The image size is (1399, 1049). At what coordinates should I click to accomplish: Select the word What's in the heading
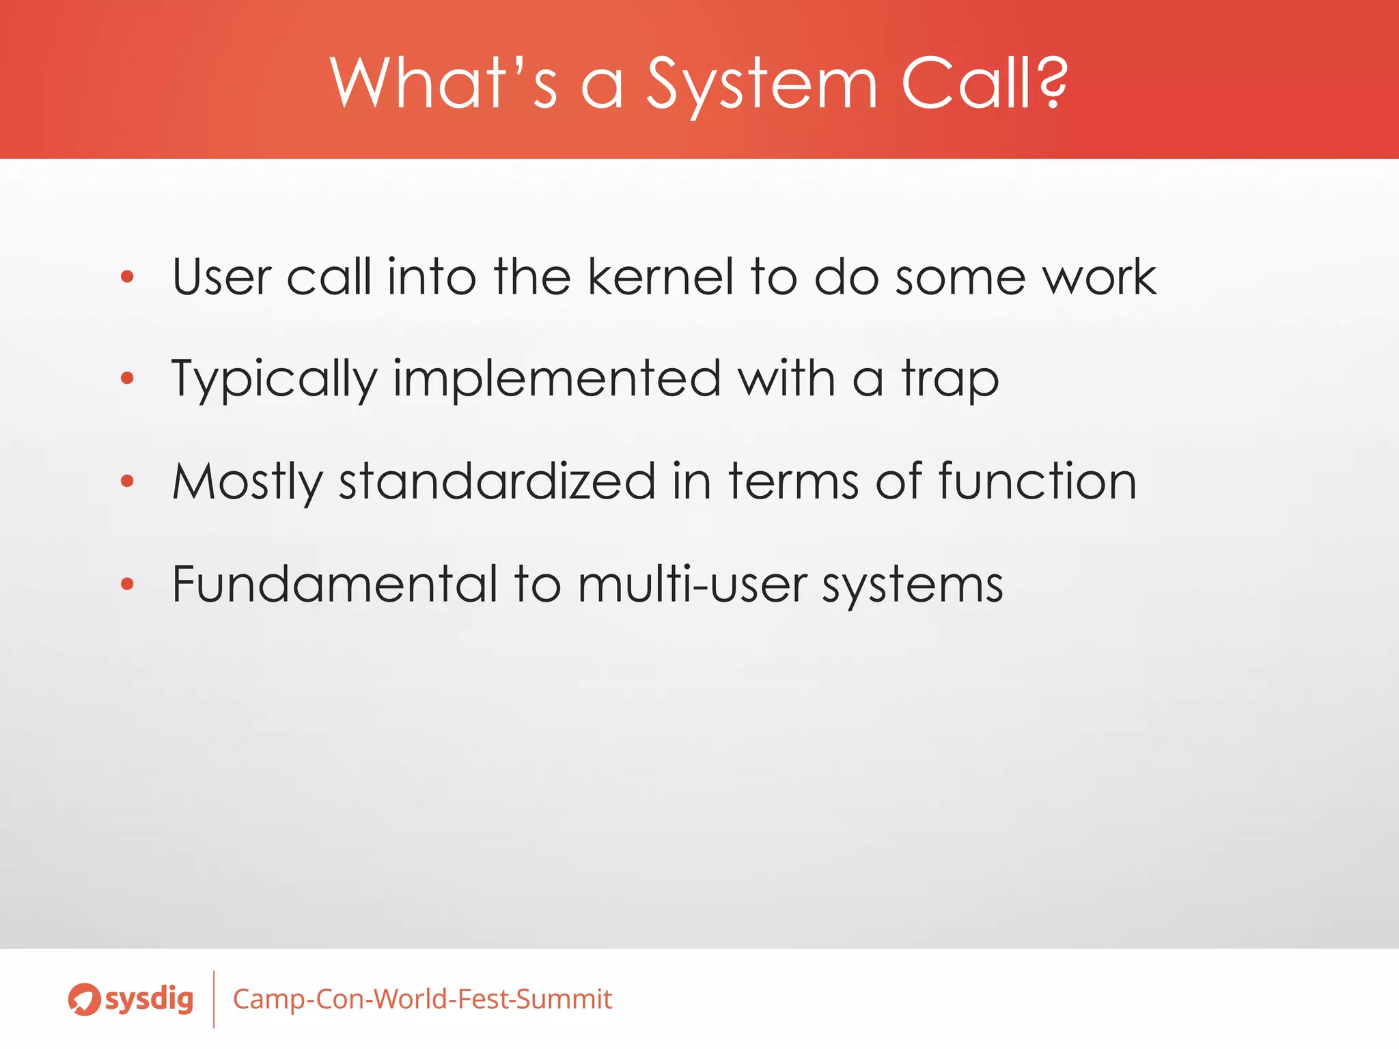(x=443, y=83)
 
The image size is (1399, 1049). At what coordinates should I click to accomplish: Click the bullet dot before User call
(x=127, y=277)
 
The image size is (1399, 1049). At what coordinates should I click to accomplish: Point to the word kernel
(x=660, y=277)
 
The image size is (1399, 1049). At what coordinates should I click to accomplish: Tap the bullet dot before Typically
(x=127, y=378)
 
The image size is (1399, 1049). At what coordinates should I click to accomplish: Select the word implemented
(x=557, y=378)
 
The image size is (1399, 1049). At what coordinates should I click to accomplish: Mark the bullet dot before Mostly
(x=127, y=481)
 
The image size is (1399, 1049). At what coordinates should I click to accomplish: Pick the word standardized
(x=497, y=481)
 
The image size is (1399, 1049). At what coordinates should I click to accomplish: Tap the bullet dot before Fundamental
(x=127, y=584)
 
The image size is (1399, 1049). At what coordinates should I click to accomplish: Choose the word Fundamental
(x=335, y=584)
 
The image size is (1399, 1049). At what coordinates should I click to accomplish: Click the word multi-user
(x=692, y=584)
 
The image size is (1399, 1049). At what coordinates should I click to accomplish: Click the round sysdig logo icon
(x=84, y=999)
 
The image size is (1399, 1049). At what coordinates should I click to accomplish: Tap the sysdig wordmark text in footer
(x=149, y=1000)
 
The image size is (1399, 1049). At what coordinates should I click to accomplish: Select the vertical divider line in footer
(x=214, y=999)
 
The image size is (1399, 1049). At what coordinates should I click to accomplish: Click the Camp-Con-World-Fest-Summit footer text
(x=422, y=999)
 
